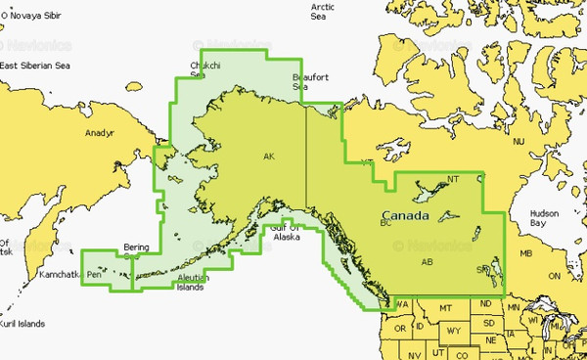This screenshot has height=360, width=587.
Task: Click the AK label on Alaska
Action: click(269, 157)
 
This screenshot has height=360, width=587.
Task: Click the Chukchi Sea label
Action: click(198, 69)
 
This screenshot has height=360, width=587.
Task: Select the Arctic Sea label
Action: click(323, 11)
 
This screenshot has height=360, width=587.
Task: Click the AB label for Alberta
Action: click(427, 262)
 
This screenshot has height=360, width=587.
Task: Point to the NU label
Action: click(519, 143)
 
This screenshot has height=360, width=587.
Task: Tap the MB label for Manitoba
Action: click(526, 254)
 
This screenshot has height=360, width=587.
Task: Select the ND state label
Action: click(486, 303)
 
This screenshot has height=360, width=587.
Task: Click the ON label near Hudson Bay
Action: click(555, 276)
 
